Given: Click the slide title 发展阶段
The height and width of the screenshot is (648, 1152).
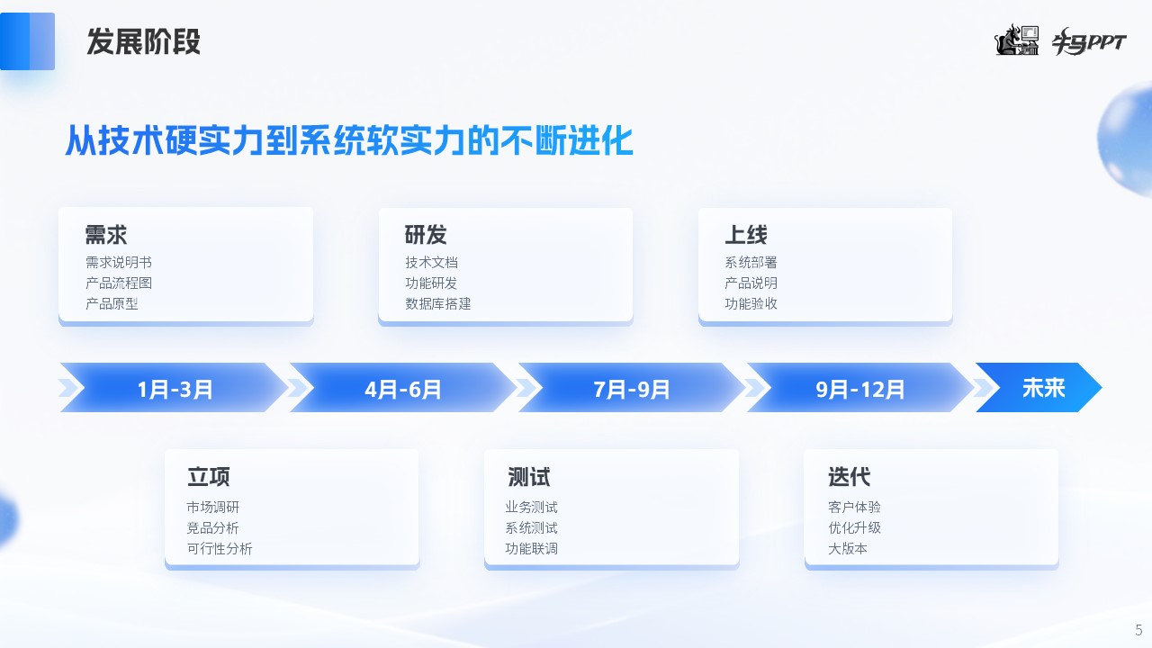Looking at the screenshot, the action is click(x=143, y=41).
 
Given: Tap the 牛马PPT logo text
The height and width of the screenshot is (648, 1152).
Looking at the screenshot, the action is click(x=1089, y=41).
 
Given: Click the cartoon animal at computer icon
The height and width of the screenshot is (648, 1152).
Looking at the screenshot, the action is click(x=1016, y=40).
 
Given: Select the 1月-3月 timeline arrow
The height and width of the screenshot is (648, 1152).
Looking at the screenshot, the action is click(x=175, y=388).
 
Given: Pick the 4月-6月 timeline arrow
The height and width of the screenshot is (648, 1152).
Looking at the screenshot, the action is click(x=402, y=388).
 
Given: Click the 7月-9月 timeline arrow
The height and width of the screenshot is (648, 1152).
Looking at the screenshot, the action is click(x=632, y=388).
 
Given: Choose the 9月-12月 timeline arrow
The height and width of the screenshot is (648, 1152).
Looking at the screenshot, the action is click(x=859, y=388).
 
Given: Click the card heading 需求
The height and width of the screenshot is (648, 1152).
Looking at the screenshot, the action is click(x=106, y=235).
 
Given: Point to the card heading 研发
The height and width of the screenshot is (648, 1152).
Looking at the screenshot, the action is click(x=426, y=235).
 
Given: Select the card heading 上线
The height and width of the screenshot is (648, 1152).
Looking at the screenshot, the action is click(x=746, y=235).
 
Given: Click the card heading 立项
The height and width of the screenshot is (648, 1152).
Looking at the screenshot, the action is click(x=208, y=477).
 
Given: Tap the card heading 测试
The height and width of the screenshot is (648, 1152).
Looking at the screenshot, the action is click(x=528, y=477).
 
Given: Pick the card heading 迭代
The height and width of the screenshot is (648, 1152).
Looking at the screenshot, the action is click(x=849, y=477).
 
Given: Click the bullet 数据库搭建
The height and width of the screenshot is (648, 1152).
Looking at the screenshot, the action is click(x=438, y=304).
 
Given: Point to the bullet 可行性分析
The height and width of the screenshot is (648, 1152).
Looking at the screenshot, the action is click(x=220, y=549).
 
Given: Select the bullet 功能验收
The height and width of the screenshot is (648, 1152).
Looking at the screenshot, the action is click(x=751, y=304).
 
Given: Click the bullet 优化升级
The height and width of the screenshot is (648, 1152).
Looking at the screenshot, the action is click(x=854, y=527).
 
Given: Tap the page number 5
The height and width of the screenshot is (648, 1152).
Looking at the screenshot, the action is click(x=1138, y=630).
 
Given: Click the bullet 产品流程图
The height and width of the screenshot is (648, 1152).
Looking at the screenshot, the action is click(x=119, y=283).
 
